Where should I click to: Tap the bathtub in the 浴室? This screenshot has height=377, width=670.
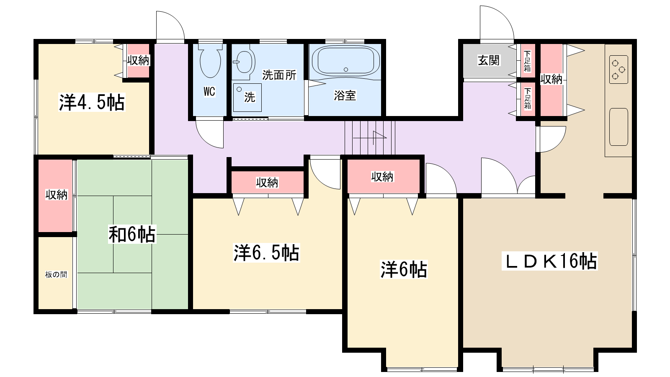pos(345,61)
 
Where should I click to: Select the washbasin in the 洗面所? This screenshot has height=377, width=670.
pos(243,62)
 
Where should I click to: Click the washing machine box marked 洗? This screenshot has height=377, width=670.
pos(247,97)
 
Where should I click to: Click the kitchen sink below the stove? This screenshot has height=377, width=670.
pos(618,127)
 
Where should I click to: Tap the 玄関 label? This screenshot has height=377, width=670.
pos(489,60)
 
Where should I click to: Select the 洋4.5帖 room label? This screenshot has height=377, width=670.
pos(92,102)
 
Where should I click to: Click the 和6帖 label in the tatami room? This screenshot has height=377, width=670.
pos(132,234)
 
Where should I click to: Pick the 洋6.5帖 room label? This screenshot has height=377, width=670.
pos(266,253)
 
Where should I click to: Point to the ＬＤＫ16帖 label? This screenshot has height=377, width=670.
pos(549,261)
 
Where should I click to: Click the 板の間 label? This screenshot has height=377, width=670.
pos(56,275)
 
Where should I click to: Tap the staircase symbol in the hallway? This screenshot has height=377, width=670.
pos(370,137)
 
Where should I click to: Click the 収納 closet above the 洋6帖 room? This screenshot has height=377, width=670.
pos(383,177)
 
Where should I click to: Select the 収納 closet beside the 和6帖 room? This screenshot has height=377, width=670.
pos(56,195)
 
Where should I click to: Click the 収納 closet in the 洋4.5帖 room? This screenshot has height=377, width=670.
pos(138,60)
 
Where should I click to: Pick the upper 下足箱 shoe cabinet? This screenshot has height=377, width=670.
pos(527,61)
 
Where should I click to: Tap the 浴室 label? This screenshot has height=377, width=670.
pos(345,96)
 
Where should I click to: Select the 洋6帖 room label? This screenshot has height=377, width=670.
pos(403,269)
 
